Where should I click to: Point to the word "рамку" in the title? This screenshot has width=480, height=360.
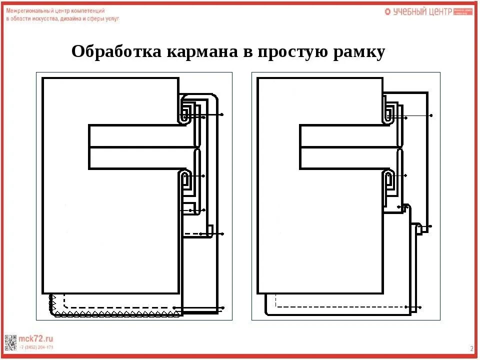click(x=359, y=51)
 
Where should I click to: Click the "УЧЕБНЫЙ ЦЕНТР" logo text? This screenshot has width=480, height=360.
click(x=422, y=11)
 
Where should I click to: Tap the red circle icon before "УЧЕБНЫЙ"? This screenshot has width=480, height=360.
click(x=387, y=11)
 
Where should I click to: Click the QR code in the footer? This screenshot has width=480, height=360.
click(x=10, y=342)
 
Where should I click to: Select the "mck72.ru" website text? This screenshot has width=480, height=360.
click(x=36, y=338)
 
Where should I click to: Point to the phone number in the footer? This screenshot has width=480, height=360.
click(x=36, y=346)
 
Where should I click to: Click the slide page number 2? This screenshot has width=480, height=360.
click(x=471, y=348)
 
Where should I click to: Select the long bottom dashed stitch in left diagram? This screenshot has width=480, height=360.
click(x=120, y=307)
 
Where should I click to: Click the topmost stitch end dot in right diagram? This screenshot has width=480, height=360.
click(x=431, y=115)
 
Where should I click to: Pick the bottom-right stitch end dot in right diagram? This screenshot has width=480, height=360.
click(x=420, y=306)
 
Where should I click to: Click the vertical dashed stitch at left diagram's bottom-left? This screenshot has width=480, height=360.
click(x=65, y=300)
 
